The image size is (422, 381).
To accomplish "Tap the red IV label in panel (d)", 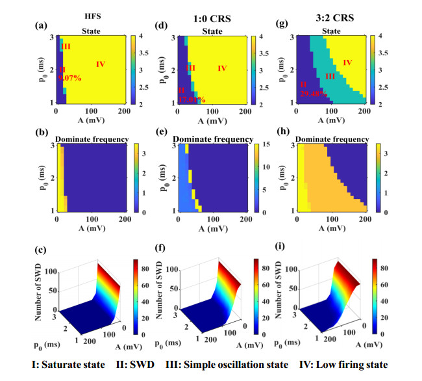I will pyautogui.click(x=223, y=68).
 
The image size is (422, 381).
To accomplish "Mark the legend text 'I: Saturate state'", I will pyautogui.click(x=62, y=365).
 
